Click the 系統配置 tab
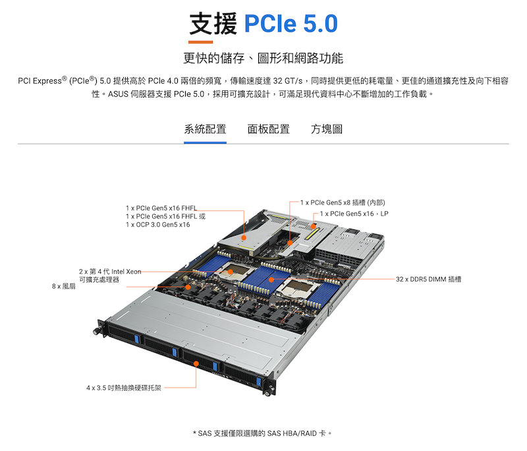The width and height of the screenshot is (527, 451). [x=205, y=129]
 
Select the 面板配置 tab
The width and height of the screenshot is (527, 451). [x=269, y=129]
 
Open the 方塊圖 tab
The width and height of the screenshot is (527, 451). [x=327, y=129]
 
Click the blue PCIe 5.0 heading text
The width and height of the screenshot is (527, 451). [x=291, y=24]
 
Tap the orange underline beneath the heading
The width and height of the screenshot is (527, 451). [x=200, y=42]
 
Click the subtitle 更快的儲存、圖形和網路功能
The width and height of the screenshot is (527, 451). [x=263, y=58]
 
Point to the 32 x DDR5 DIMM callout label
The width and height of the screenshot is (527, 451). [x=429, y=279]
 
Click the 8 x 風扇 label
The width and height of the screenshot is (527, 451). [x=64, y=287]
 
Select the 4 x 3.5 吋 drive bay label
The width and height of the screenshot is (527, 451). [x=124, y=388]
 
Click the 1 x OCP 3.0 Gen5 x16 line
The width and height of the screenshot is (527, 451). [x=158, y=225]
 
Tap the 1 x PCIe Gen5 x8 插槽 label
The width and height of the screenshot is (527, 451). [x=343, y=202]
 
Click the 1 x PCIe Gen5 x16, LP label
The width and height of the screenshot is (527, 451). [x=354, y=214]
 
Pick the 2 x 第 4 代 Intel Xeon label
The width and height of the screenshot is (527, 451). [x=110, y=272]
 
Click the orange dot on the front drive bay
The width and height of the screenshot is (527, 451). [x=196, y=363]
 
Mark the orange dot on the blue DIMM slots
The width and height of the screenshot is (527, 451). [x=271, y=280]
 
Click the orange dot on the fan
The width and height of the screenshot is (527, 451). [x=188, y=287]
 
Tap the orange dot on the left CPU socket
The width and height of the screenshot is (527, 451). [x=231, y=272]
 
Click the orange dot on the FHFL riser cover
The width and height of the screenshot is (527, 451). [x=244, y=238]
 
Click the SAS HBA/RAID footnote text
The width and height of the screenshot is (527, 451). [x=262, y=433]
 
